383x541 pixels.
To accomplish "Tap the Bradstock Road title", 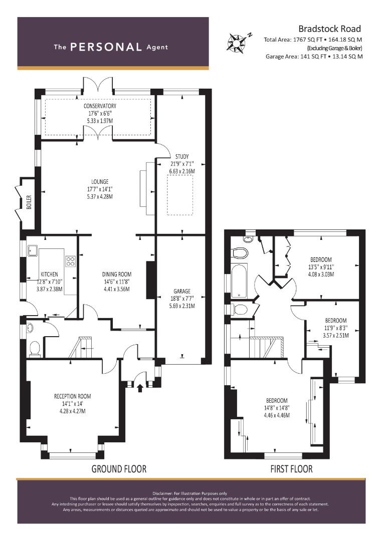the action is point(329,29).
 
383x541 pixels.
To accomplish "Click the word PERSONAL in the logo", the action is point(106,47).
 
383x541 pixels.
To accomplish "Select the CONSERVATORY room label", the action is point(100,106).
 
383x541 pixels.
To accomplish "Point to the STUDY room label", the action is point(182,157).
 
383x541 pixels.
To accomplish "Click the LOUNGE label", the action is point(100,181).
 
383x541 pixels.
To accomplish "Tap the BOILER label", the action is point(29,202).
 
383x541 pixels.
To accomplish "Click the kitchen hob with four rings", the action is point(71,261).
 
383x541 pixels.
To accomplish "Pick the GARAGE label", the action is point(182,291).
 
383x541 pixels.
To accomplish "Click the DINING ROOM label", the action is point(117,275).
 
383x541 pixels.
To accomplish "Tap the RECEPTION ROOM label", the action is point(73,396).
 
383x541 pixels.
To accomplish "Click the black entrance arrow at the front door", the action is point(140,388).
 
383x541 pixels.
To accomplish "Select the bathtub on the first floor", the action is point(239,281).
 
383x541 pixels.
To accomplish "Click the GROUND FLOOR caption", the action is point(119,469).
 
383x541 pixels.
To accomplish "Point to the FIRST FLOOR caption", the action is point(291,469).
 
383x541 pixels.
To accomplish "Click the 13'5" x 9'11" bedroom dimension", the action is point(321,267).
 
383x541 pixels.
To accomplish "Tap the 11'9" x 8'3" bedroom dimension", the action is point(336,328).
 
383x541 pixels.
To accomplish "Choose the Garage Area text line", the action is point(314,57).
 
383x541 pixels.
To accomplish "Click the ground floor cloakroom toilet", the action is point(35,349).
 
